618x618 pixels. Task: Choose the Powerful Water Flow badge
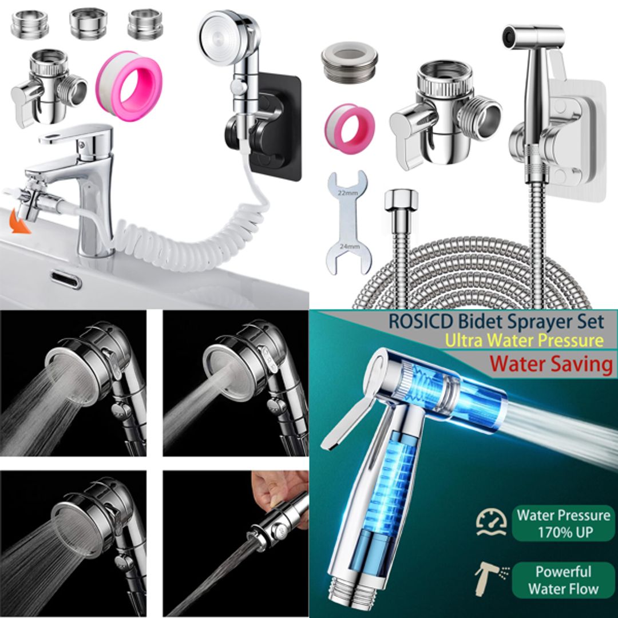click(562, 580)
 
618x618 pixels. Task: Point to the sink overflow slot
click(65, 280)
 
